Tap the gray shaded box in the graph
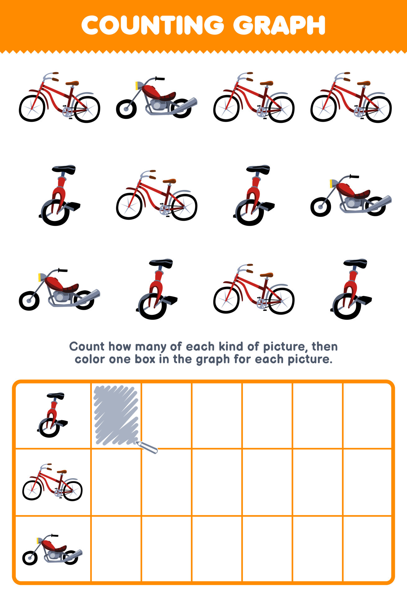point(116,415)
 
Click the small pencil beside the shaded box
point(147,447)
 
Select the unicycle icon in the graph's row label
point(53,415)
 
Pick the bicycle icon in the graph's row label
point(53,482)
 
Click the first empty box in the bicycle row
point(116,482)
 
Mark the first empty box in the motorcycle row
point(116,549)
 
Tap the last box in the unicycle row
point(367,415)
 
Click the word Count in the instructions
point(87,346)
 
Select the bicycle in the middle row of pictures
point(157,195)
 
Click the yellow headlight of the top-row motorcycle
point(137,86)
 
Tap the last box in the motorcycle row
point(367,549)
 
